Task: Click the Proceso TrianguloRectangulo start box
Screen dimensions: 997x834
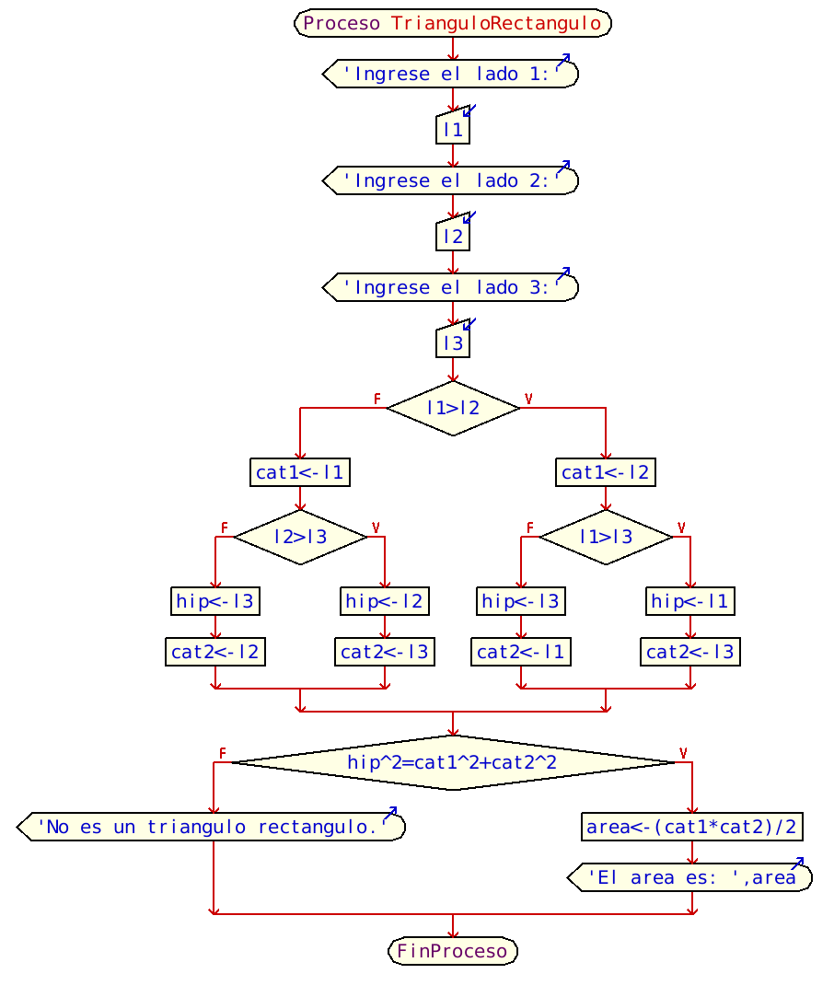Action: click(452, 23)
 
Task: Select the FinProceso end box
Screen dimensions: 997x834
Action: click(452, 951)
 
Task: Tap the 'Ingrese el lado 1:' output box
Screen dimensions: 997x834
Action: click(451, 75)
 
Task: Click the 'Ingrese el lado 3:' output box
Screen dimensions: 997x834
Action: click(451, 288)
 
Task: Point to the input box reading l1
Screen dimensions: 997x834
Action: click(453, 130)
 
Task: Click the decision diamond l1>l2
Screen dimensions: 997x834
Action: click(453, 408)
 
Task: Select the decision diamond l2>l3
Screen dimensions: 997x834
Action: click(300, 537)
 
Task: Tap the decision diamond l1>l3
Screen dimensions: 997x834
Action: click(606, 537)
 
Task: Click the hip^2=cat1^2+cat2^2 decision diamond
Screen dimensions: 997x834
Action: click(452, 762)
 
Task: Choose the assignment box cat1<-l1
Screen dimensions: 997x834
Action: click(300, 473)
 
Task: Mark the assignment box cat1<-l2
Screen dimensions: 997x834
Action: click(606, 473)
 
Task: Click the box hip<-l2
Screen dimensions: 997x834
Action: click(385, 602)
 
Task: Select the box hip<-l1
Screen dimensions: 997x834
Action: click(690, 602)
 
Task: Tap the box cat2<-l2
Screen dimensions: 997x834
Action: click(215, 653)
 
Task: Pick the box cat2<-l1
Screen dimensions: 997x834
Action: click(521, 653)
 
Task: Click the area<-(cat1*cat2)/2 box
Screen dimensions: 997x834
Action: click(691, 827)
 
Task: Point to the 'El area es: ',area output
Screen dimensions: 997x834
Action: click(690, 878)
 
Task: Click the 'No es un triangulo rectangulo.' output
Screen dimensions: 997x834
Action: click(212, 828)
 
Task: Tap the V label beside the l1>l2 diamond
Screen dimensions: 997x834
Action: click(528, 399)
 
